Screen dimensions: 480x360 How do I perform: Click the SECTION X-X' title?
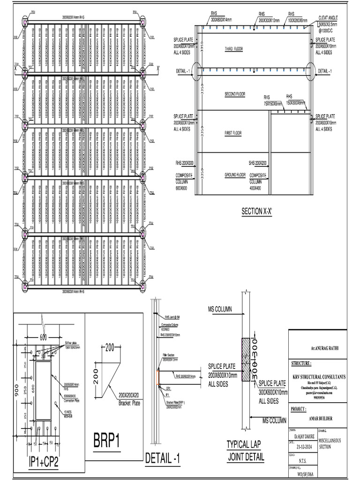click(x=256, y=211)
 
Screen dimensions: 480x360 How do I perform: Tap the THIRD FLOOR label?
click(x=235, y=49)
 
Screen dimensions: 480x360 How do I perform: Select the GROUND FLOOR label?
click(x=235, y=175)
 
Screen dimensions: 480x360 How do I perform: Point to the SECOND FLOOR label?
click(x=235, y=94)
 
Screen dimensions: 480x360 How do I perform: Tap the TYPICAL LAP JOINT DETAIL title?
click(x=246, y=450)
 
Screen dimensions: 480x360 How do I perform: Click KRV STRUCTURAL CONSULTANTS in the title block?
click(x=317, y=376)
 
